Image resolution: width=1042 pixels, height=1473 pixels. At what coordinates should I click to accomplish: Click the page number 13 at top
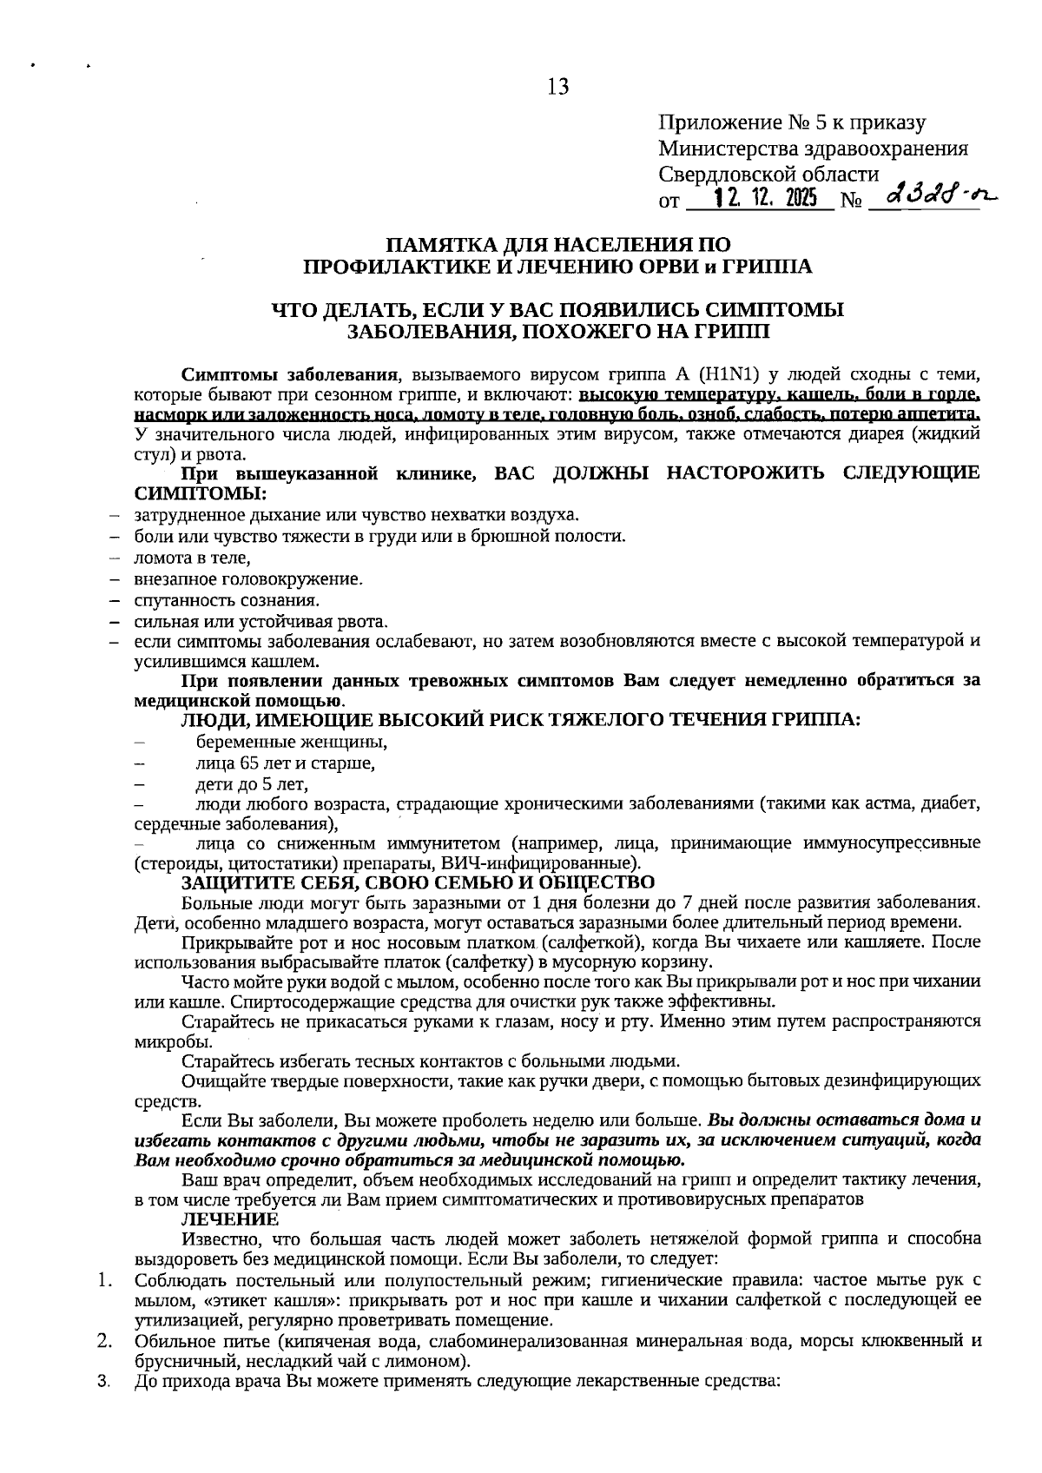[x=557, y=86]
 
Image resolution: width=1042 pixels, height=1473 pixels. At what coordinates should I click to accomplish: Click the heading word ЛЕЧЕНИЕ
[x=230, y=1219]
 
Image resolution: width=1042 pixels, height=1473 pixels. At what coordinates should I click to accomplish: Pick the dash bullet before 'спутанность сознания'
[x=114, y=600]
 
